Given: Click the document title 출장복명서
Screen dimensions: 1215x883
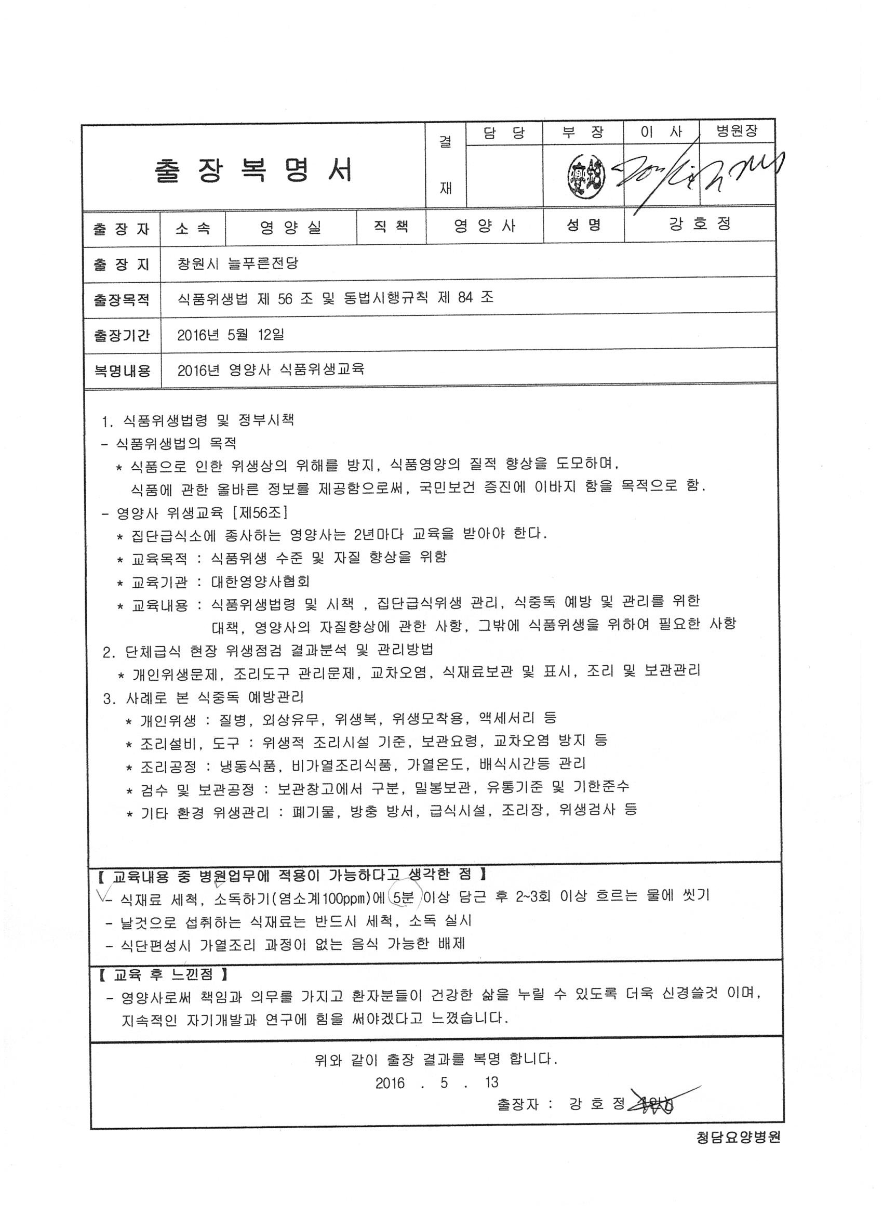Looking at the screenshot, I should coord(254,170).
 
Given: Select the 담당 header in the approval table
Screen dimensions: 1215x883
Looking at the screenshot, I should coord(504,133).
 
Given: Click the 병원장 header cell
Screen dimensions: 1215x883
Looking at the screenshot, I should coord(737,131).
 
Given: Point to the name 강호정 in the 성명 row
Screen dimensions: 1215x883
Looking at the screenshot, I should coord(699,224).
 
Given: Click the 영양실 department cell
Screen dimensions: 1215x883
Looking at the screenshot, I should coord(291,228).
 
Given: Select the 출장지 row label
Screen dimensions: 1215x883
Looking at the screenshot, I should coord(122,264).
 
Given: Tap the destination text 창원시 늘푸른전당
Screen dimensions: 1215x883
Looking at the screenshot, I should coord(238,263).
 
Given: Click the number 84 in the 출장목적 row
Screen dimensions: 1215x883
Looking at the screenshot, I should coord(465,298).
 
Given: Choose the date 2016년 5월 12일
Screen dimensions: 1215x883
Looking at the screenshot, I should coord(230,335).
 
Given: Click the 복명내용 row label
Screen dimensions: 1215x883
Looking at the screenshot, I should coord(122,371).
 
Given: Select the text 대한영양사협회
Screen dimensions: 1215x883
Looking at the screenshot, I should coord(260,582).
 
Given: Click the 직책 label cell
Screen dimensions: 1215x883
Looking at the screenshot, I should coord(391,226).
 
